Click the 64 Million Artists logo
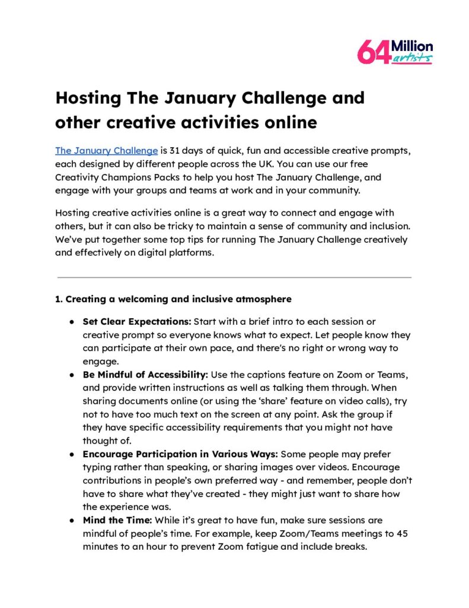coord(395,52)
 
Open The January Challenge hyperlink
coord(106,150)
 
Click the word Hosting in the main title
coord(90,97)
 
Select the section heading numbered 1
coord(173,299)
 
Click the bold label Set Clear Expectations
coord(136,322)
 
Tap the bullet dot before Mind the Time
coord(71,521)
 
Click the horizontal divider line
coord(234,277)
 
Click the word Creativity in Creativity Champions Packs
coord(79,176)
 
